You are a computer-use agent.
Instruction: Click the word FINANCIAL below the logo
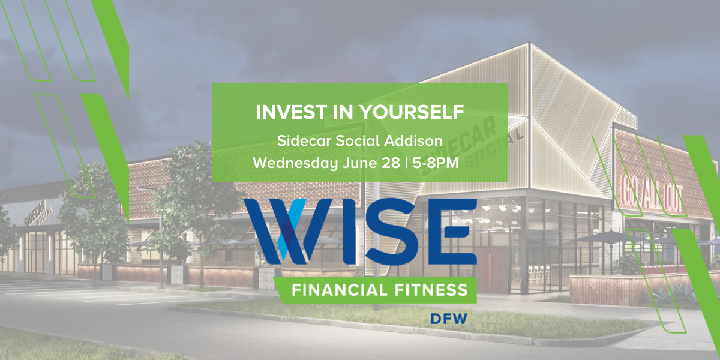point(340,291)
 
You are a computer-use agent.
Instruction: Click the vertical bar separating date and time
point(407,163)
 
